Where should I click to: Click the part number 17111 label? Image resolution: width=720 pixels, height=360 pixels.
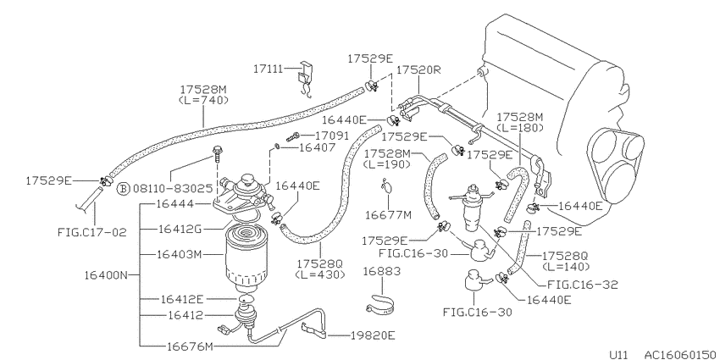pyautogui.click(x=269, y=69)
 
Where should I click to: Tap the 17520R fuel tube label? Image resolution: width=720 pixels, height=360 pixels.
pyautogui.click(x=418, y=69)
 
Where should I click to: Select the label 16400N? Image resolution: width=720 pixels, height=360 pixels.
pyautogui.click(x=106, y=275)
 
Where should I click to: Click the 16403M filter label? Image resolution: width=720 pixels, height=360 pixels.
pyautogui.click(x=179, y=254)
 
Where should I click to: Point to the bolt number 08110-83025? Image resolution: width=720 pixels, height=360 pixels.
pyautogui.click(x=173, y=188)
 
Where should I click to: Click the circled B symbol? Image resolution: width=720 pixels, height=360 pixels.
pyautogui.click(x=123, y=188)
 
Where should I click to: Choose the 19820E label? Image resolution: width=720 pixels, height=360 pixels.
pyautogui.click(x=373, y=335)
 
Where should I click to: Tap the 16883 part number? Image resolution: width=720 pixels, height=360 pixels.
pyautogui.click(x=382, y=271)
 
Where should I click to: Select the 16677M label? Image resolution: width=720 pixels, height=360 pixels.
pyautogui.click(x=389, y=214)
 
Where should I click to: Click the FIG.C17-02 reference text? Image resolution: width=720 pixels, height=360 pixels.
pyautogui.click(x=91, y=232)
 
